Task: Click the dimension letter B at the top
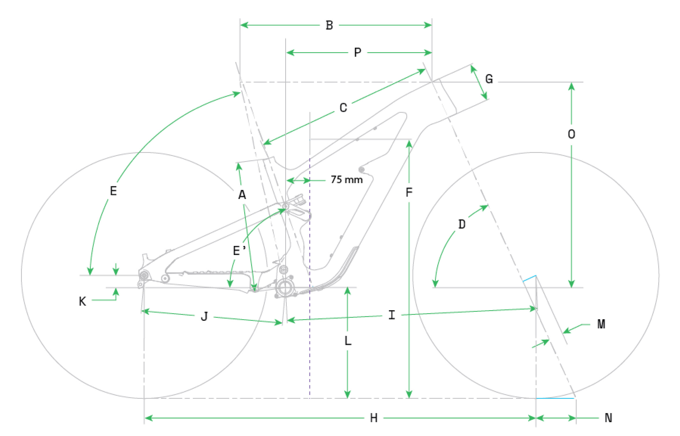pos(329,25)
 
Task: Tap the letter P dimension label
pos(357,53)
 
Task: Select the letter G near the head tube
pos(489,79)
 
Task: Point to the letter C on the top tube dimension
pos(343,108)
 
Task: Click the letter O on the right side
pos(571,134)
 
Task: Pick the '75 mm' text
pos(347,180)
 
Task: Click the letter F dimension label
pos(409,192)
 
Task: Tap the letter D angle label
pos(462,224)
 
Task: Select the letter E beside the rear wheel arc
pos(113,191)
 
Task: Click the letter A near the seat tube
pos(242,195)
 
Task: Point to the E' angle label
pos(239,251)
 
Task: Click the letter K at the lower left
pos(82,301)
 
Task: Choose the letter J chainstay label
pos(204,317)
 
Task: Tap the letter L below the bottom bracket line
pos(348,341)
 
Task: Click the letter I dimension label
pos(392,315)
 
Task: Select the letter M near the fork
pos(601,324)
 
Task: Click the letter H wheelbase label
pos(374,418)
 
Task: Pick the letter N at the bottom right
pos(608,418)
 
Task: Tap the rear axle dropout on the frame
pos(144,275)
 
